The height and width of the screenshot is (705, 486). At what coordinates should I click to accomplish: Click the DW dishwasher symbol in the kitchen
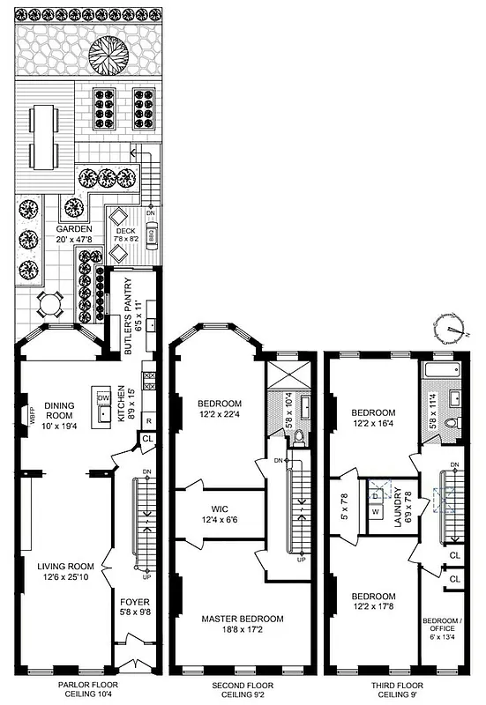[103, 398]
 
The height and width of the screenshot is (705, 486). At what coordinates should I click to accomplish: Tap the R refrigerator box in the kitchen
[148, 419]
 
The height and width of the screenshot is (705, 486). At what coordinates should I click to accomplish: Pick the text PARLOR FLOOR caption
[91, 685]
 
